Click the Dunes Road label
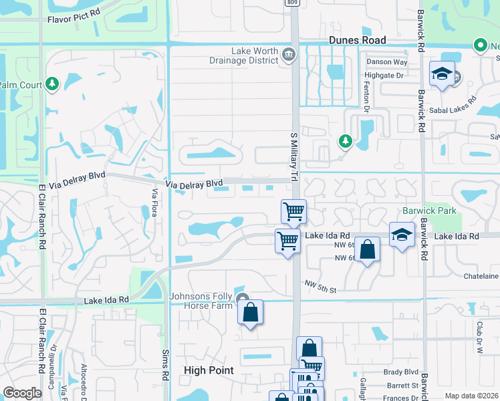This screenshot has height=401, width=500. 358,41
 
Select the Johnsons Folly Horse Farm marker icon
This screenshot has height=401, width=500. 242,298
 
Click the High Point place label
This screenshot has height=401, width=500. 209,370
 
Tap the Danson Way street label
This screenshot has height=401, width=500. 386,62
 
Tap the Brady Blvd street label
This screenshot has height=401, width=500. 400,372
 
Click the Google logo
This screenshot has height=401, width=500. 22,393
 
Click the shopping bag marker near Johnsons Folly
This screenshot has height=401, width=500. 250,312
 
